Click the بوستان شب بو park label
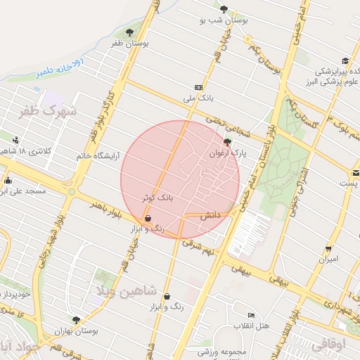click(224, 20)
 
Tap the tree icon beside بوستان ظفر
click(129, 32)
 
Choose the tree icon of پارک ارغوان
click(226, 141)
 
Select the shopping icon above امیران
click(328, 249)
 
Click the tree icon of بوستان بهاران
click(76, 320)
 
